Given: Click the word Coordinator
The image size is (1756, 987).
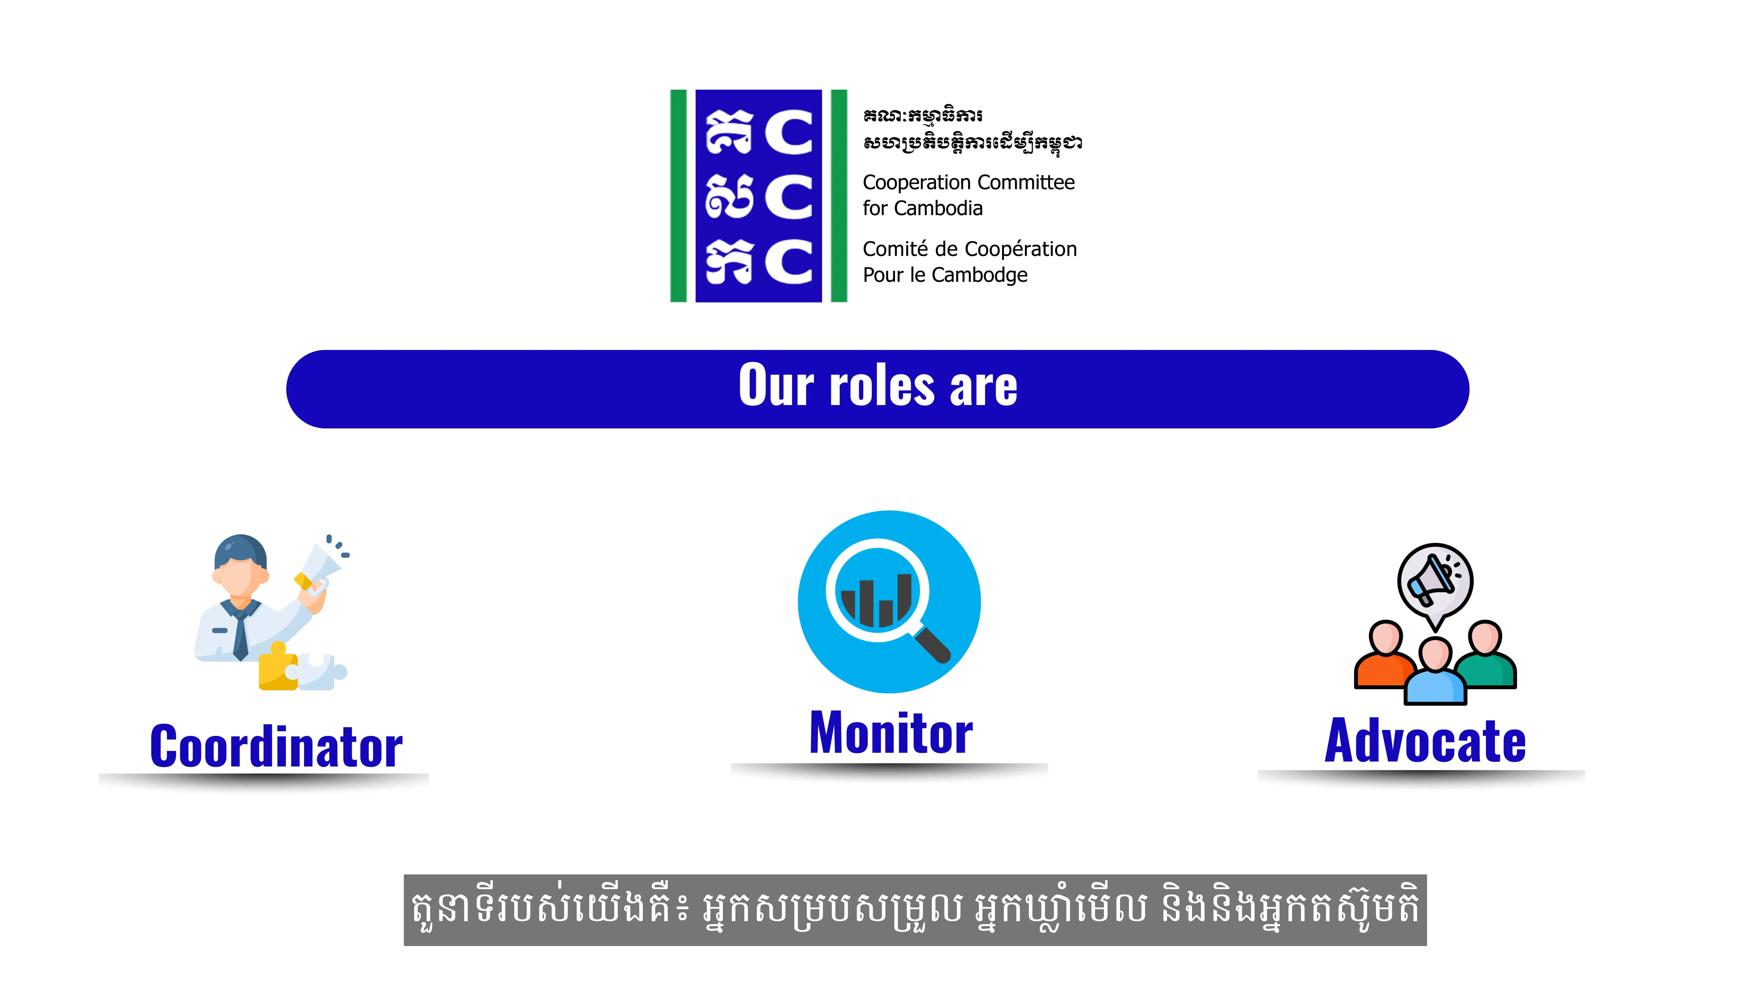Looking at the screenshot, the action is [x=276, y=747].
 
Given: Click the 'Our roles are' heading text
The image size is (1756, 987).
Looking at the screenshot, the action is [x=878, y=385].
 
